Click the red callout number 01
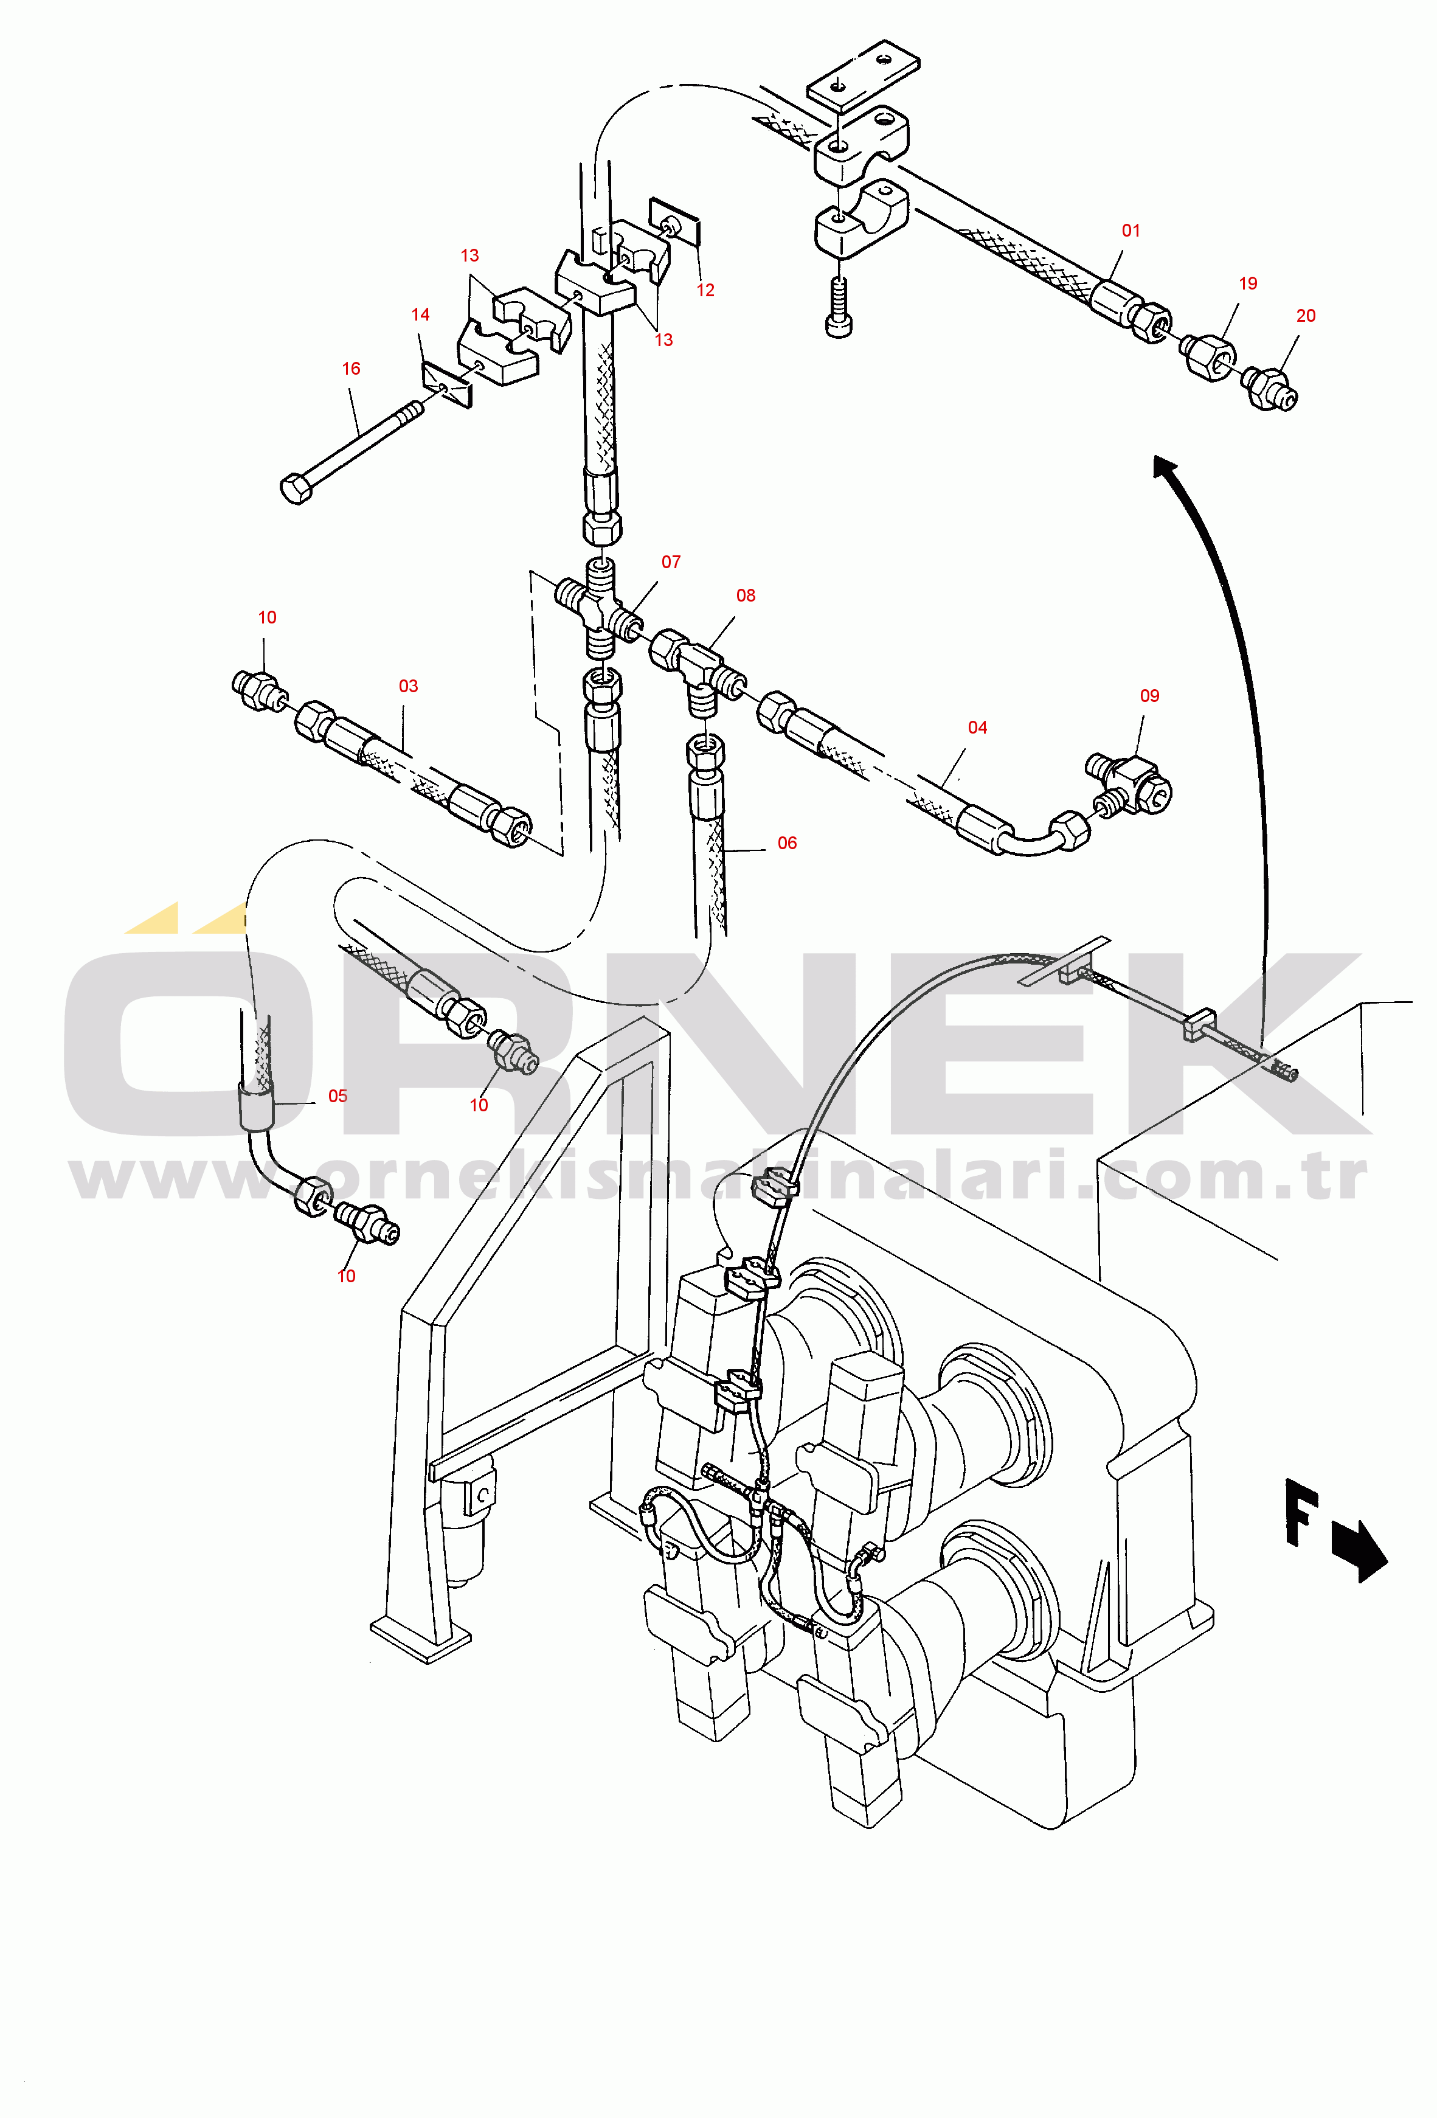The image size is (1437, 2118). pyautogui.click(x=1131, y=231)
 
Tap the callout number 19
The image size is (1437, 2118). pyautogui.click(x=1247, y=283)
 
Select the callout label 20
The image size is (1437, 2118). pyautogui.click(x=1306, y=315)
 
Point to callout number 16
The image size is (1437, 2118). pyautogui.click(x=351, y=368)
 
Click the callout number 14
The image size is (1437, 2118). pyautogui.click(x=420, y=314)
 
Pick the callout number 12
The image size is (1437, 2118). pyautogui.click(x=705, y=290)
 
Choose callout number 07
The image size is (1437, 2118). pyautogui.click(x=671, y=562)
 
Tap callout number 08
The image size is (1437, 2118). pyautogui.click(x=746, y=595)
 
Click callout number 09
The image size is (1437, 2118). pyautogui.click(x=1149, y=695)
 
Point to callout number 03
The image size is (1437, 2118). pyautogui.click(x=408, y=686)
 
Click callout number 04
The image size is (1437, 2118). pyautogui.click(x=977, y=727)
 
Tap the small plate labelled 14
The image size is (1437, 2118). pyautogui.click(x=446, y=384)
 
